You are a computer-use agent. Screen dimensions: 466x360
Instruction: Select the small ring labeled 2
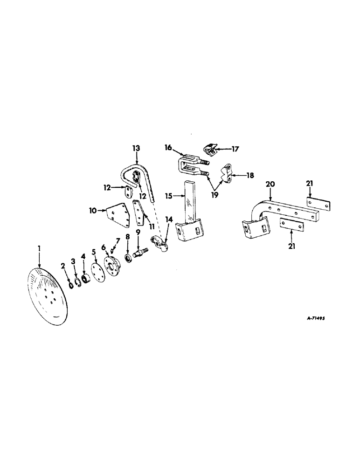(70, 284)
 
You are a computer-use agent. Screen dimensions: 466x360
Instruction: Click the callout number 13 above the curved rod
(136, 147)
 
